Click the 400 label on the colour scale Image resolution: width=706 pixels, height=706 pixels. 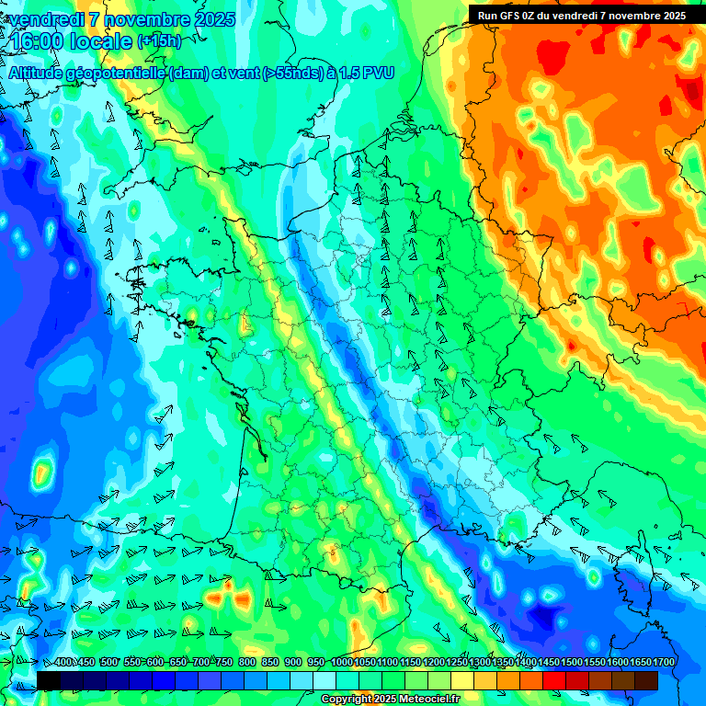click(x=64, y=663)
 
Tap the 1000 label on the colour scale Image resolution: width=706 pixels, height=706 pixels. click(x=342, y=663)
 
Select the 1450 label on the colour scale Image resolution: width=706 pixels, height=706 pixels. click(x=549, y=663)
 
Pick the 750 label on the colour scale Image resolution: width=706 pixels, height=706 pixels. click(x=223, y=663)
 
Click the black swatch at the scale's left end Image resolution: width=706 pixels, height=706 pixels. click(x=49, y=680)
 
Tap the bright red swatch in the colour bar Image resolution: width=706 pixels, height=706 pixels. click(x=554, y=680)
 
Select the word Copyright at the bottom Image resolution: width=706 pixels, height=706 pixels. click(x=346, y=700)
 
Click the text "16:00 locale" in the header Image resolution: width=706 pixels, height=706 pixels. click(x=71, y=41)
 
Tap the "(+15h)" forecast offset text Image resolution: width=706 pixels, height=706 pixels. click(x=159, y=41)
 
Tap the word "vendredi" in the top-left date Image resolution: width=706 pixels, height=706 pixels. click(x=44, y=19)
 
